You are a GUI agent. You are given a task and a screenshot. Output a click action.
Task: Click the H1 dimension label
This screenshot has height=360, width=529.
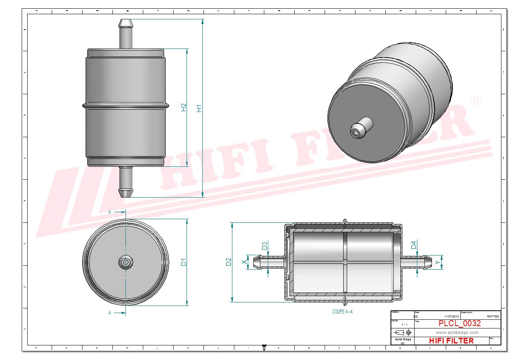click(199, 108)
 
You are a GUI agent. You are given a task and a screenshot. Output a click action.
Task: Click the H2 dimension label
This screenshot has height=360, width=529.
click(183, 107)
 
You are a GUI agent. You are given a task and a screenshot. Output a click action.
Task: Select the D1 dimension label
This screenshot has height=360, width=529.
click(183, 262)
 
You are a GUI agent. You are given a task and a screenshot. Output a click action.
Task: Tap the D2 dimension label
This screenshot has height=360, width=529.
click(228, 262)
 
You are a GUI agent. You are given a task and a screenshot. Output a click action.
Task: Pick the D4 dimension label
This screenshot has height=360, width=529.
click(413, 245)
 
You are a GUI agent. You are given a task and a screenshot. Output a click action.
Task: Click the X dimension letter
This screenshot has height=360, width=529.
click(245, 262)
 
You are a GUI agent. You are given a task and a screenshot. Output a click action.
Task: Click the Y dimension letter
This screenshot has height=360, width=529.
click(437, 262)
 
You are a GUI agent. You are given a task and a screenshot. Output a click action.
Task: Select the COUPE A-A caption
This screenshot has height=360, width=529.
click(342, 312)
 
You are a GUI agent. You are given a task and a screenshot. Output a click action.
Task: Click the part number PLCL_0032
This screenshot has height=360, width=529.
click(460, 323)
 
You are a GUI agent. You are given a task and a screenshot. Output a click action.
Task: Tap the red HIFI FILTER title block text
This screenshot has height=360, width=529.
click(451, 341)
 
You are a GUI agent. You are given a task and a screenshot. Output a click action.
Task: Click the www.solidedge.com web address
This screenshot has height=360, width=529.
click(457, 332)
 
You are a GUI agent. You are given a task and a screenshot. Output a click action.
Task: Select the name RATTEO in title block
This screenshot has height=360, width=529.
click(493, 316)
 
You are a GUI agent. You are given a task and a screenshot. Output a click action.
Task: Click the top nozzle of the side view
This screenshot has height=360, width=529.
click(126, 33)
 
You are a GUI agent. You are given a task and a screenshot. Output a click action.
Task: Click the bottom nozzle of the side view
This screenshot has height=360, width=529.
click(126, 182)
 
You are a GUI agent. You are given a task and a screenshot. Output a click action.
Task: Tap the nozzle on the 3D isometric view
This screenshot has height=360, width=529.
click(361, 127)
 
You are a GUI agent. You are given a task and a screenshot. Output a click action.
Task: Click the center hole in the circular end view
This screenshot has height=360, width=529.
click(126, 262)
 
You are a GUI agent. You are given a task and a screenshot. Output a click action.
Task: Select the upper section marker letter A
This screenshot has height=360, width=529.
click(110, 212)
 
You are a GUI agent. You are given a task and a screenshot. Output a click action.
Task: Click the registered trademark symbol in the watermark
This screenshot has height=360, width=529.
click(476, 101)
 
